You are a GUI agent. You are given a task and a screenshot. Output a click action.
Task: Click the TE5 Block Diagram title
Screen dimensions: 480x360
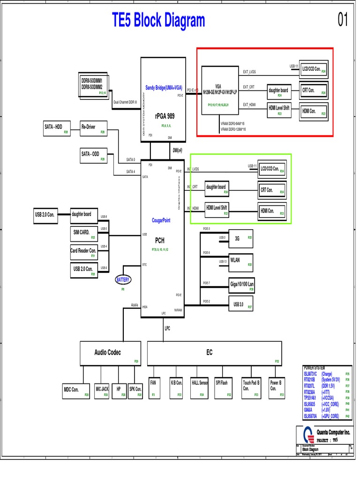[x=158, y=21]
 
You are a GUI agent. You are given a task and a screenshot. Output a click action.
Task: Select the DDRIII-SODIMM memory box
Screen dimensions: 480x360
[x=92, y=85]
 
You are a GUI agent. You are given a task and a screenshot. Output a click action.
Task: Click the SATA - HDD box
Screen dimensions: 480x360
[x=56, y=129]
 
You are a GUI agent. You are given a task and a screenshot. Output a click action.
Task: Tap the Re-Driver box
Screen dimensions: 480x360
[x=94, y=129]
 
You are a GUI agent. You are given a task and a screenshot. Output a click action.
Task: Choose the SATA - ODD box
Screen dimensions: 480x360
[x=93, y=156]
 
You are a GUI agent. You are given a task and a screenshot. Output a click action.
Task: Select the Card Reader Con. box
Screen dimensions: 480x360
[x=84, y=253]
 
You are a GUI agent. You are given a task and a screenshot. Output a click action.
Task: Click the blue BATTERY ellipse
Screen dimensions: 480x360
[x=123, y=280]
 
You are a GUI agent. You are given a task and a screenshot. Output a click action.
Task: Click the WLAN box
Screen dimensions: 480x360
[x=240, y=262]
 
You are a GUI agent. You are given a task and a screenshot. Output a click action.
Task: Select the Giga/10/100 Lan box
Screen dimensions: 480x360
[x=240, y=285]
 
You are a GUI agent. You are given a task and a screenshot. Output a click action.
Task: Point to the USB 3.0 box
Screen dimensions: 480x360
[x=240, y=305]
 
